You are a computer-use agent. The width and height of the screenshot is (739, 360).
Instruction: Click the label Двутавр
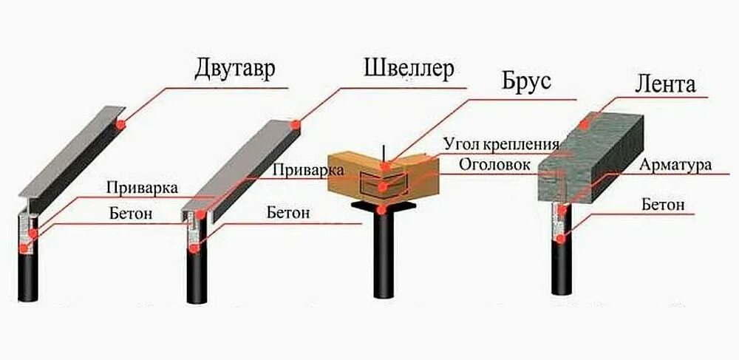point(235,70)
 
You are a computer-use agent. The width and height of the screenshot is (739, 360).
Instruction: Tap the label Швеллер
point(408,69)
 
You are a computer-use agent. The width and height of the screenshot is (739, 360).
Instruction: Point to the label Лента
point(665,84)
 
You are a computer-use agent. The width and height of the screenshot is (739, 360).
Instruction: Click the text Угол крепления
point(501,143)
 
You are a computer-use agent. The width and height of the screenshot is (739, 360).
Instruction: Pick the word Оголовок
point(494,164)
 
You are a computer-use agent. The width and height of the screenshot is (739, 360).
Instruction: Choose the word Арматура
point(675,164)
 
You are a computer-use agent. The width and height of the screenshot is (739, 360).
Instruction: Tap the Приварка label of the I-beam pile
point(141,188)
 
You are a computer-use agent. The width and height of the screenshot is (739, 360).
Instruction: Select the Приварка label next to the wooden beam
point(308,169)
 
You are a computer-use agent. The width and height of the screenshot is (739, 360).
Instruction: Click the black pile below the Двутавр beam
point(27,274)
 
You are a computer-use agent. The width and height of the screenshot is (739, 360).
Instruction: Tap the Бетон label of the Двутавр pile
point(134,214)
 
